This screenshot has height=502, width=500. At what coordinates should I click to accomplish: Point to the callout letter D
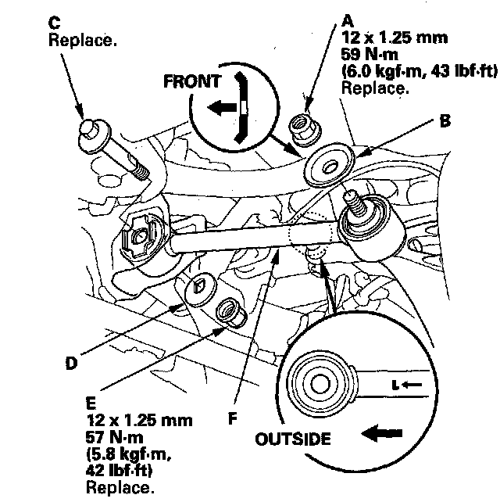72,363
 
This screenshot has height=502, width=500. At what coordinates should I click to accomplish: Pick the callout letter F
231,417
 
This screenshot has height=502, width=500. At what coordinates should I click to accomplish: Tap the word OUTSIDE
293,439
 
